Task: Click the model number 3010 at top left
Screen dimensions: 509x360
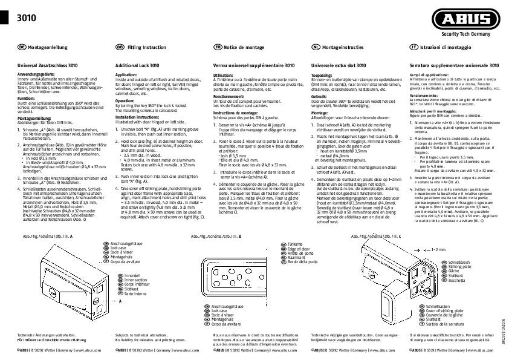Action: (27, 18)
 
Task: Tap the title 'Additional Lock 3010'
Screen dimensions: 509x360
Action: (137, 65)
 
